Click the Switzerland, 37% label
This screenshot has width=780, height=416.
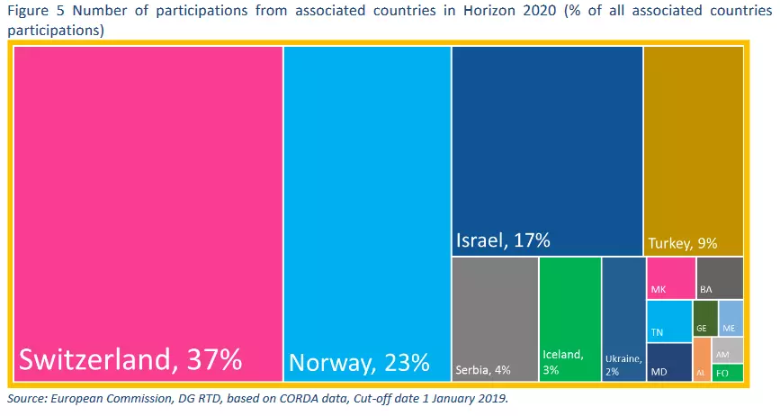130,360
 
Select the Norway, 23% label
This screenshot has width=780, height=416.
359,364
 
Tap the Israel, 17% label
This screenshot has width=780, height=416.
503,240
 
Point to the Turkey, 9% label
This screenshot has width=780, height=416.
681,243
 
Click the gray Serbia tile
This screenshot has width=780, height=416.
494,315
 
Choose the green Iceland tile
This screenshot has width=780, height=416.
569,315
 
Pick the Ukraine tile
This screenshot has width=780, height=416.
623,315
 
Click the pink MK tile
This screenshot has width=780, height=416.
670,277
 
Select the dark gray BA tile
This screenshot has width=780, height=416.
720,277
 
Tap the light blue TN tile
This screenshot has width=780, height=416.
668,321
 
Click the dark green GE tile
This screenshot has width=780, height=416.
704,319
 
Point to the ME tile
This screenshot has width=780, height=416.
731,319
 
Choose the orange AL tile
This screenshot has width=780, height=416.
701,360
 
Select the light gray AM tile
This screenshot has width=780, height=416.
727,350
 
